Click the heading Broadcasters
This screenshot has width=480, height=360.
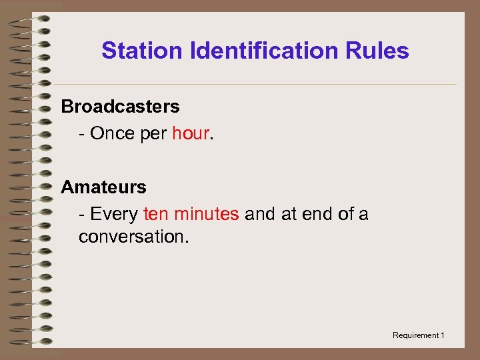(121, 107)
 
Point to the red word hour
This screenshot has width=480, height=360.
(191, 133)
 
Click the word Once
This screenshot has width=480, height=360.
(112, 133)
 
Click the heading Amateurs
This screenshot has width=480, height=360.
(103, 187)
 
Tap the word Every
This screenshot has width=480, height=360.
(114, 214)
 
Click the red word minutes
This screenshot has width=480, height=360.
(205, 214)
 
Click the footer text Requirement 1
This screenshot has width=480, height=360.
(418, 335)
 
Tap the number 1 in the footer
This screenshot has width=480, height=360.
(442, 335)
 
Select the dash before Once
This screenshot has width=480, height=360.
(81, 133)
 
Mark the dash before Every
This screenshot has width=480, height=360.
(81, 214)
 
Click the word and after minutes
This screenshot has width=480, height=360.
(259, 214)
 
